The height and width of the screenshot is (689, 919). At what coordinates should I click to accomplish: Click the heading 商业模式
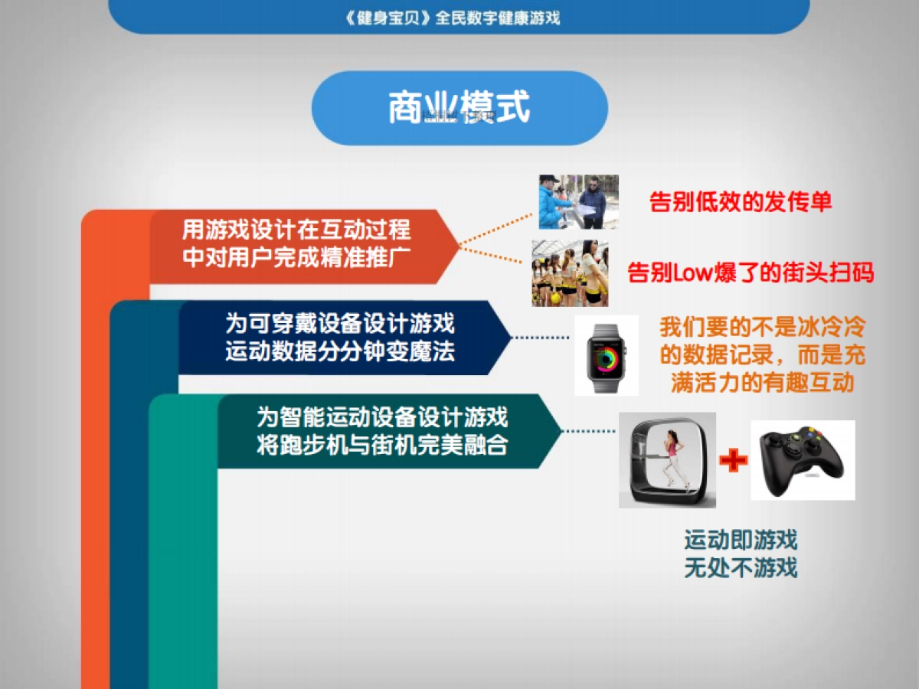[459, 108]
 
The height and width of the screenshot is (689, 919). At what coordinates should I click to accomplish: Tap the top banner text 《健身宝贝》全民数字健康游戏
[453, 18]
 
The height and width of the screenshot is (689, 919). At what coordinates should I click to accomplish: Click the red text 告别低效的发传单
[740, 201]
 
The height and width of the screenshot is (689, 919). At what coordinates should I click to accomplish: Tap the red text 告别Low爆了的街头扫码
[751, 273]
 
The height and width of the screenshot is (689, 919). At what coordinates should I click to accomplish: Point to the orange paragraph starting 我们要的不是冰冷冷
[762, 355]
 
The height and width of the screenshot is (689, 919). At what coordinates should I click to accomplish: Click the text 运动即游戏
[741, 540]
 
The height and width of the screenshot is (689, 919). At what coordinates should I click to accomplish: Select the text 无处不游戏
[741, 567]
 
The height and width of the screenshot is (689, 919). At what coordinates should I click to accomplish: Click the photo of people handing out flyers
[577, 202]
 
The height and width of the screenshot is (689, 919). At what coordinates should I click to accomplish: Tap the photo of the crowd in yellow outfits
[570, 273]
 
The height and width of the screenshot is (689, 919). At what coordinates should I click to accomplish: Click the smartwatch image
[607, 355]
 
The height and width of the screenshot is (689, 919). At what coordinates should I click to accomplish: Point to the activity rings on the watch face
[606, 357]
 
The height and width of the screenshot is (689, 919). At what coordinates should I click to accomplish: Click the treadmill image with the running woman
[667, 460]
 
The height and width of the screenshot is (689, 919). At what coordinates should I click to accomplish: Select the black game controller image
[802, 459]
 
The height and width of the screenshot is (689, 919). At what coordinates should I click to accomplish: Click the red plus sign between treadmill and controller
[733, 460]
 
